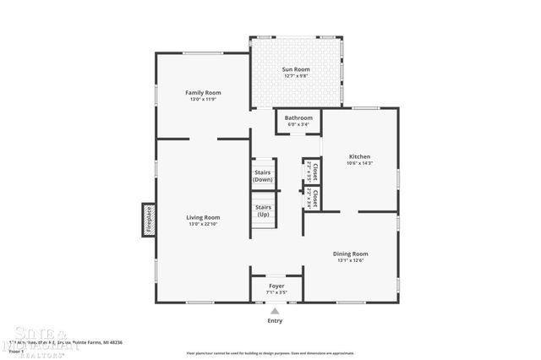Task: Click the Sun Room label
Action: point(296,69)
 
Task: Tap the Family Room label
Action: point(203,92)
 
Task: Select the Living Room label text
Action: point(203,217)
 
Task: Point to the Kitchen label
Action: point(360,156)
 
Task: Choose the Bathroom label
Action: point(298,117)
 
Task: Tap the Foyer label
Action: point(276,286)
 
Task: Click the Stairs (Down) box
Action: point(263,176)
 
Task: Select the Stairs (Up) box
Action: point(263,210)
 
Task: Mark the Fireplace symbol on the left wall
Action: point(148,219)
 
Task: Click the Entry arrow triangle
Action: point(274,311)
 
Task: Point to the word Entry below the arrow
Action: point(275,321)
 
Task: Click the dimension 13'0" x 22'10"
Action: point(203,224)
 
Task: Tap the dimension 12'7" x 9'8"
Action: point(296,76)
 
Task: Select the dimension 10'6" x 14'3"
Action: point(360,163)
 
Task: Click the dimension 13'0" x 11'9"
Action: point(203,99)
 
